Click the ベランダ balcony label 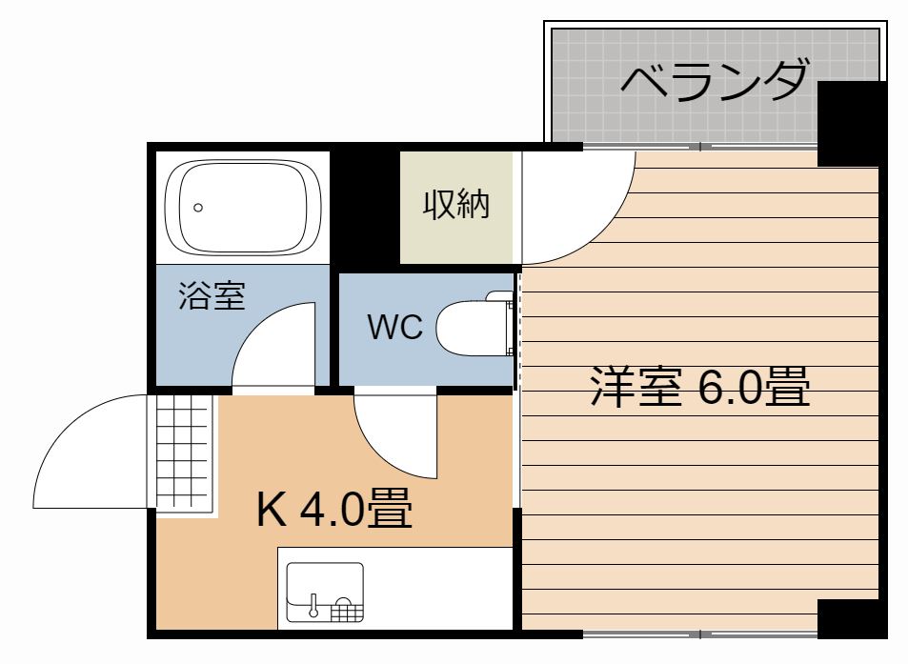(714, 80)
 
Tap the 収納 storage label (456, 204)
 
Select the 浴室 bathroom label (212, 295)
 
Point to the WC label (395, 327)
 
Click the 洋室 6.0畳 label (699, 387)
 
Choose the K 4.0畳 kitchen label (334, 508)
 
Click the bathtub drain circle (198, 208)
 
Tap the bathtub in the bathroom (243, 208)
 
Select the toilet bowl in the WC (472, 328)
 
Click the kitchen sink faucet (313, 605)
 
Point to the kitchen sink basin (325, 593)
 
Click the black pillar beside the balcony (851, 123)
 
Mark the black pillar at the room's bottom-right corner (851, 619)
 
